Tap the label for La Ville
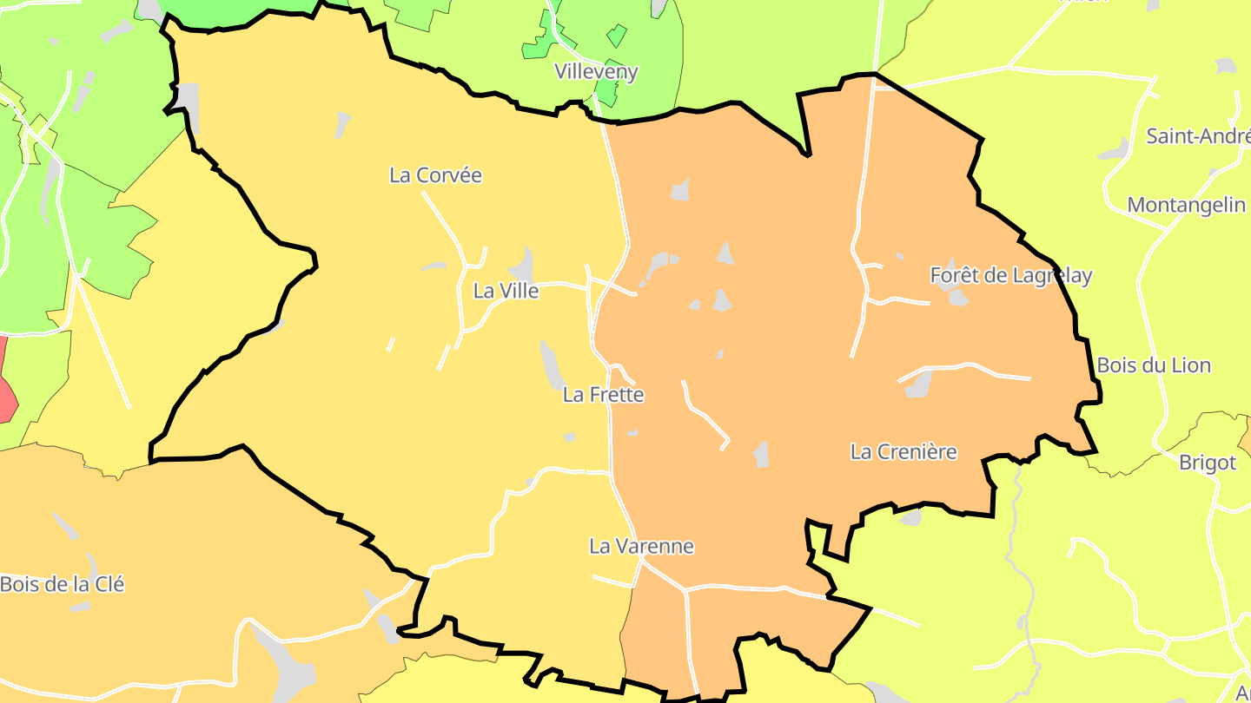506,291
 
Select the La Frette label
603,395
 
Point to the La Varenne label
641,547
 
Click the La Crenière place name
903,452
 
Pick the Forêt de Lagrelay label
1010,276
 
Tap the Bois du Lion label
1154,365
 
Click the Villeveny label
596,72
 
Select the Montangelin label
1186,206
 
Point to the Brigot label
1207,463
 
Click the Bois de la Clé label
62,584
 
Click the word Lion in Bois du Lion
1191,365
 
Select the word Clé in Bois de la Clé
109,584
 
